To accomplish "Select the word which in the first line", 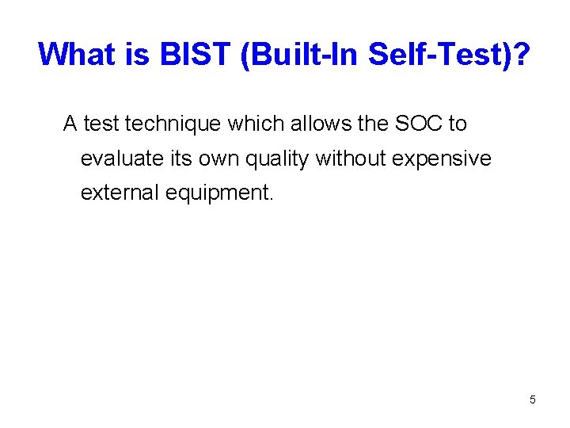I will [x=237, y=124].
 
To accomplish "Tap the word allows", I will [x=297, y=124].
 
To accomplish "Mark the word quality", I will [x=277, y=159].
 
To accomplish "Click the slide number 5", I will [x=532, y=399].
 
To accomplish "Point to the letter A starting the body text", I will [x=70, y=124].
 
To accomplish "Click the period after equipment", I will [x=272, y=199].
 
